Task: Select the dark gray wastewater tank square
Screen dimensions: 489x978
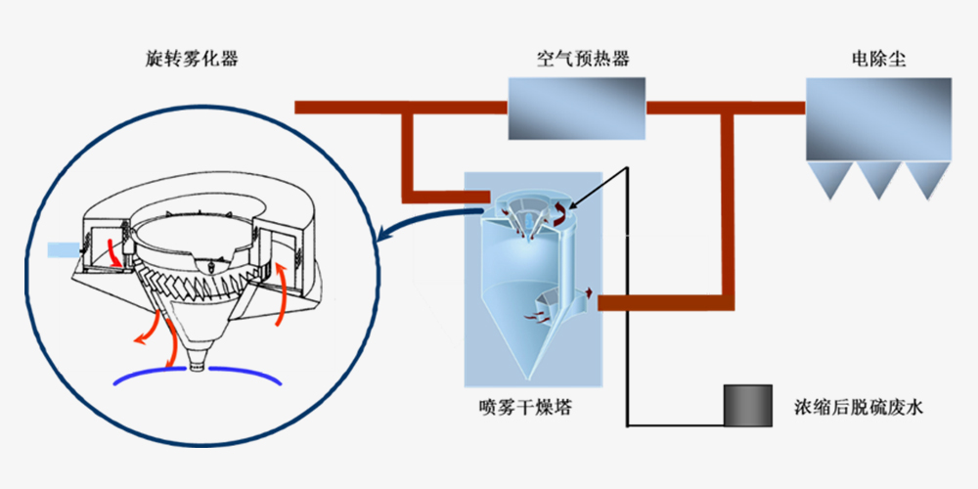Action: click(x=745, y=404)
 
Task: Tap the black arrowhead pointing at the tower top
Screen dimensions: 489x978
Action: click(x=572, y=206)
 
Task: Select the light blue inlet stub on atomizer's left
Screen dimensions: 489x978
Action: click(x=61, y=250)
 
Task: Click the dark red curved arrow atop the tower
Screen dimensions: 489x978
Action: click(x=560, y=215)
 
